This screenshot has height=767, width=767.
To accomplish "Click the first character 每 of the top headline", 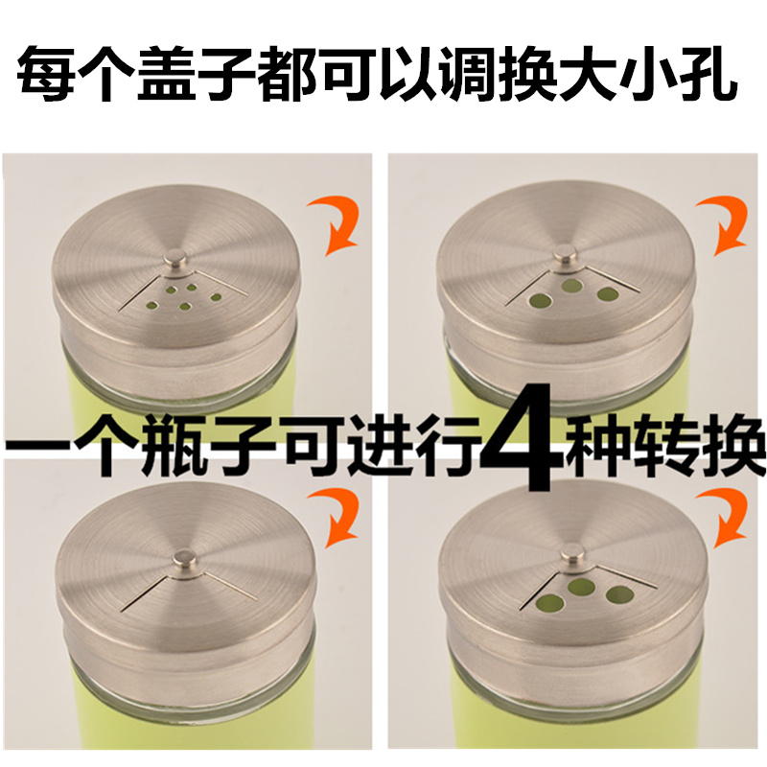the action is coord(47,74).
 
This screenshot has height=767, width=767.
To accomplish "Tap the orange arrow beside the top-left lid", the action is coord(337,226).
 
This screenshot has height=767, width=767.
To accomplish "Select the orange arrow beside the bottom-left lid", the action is coord(337,520).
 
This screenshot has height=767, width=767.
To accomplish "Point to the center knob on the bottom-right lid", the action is coord(571,555).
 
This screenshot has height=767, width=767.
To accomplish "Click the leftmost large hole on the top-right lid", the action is coord(540,300).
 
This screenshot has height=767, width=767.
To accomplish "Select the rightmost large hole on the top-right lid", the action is coord(608,294).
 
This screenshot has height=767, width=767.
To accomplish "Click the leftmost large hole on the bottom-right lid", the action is coord(549,603).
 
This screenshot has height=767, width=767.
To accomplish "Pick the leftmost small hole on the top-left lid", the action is coord(153,306).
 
